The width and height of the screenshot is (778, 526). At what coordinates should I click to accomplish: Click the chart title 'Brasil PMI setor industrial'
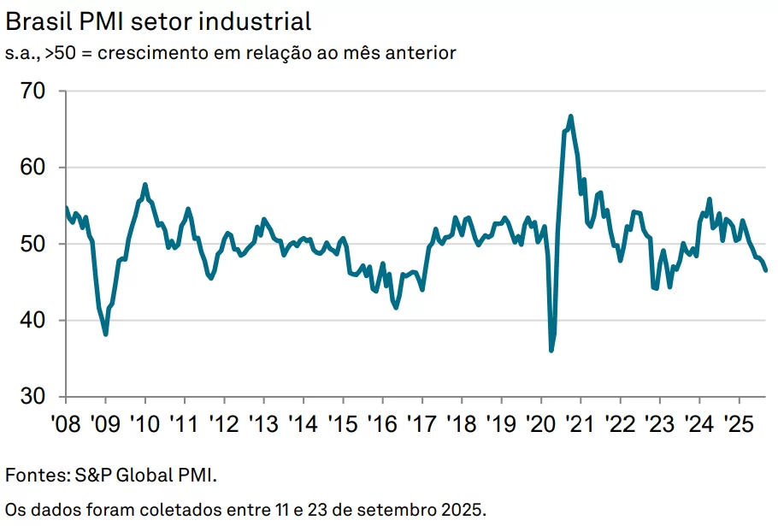coord(158,21)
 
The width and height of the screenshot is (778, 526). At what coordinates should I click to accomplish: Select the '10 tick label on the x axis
coord(144,423)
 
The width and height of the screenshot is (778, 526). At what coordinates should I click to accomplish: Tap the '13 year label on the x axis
coord(263,423)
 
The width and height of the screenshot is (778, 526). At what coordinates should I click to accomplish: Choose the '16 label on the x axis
coord(381,423)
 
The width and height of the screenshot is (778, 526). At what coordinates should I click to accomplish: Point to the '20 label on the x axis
coord(540,423)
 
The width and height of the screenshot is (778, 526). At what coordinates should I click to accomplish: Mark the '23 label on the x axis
coord(659,423)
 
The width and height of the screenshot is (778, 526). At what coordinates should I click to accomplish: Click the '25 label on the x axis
coord(738,423)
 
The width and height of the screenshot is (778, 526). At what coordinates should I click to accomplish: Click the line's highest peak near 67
coord(570,116)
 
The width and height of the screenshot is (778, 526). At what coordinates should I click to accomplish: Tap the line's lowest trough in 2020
coord(551,350)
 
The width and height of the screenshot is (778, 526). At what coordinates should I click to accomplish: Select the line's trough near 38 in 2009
coord(105,334)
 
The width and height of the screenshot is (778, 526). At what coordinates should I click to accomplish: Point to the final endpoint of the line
coord(766,270)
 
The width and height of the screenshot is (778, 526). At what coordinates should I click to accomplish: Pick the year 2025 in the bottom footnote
coord(463,511)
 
